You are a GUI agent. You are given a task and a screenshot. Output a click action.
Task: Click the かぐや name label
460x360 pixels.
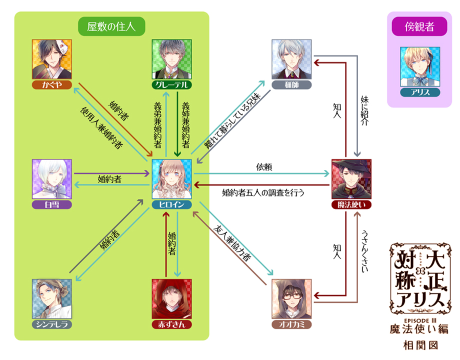click(x=52, y=84)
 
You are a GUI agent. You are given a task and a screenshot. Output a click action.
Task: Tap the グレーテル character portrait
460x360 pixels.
click(x=172, y=59)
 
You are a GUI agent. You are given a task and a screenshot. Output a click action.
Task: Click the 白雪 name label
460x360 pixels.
click(x=52, y=204)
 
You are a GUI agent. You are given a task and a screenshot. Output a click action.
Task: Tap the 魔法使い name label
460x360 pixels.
click(x=351, y=204)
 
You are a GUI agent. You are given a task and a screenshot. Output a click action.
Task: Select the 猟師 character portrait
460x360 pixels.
click(x=291, y=59)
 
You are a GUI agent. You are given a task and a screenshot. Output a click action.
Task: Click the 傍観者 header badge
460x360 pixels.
click(x=419, y=26)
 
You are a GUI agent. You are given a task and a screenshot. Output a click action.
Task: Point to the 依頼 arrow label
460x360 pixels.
click(x=263, y=167)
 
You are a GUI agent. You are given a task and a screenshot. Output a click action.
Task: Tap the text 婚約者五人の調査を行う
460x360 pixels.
click(x=263, y=192)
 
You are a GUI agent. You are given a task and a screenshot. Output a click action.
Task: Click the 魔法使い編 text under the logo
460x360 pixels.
click(x=419, y=328)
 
